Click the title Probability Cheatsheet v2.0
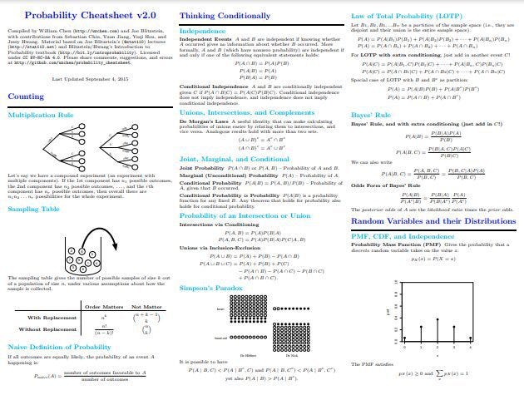(x=86, y=14)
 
